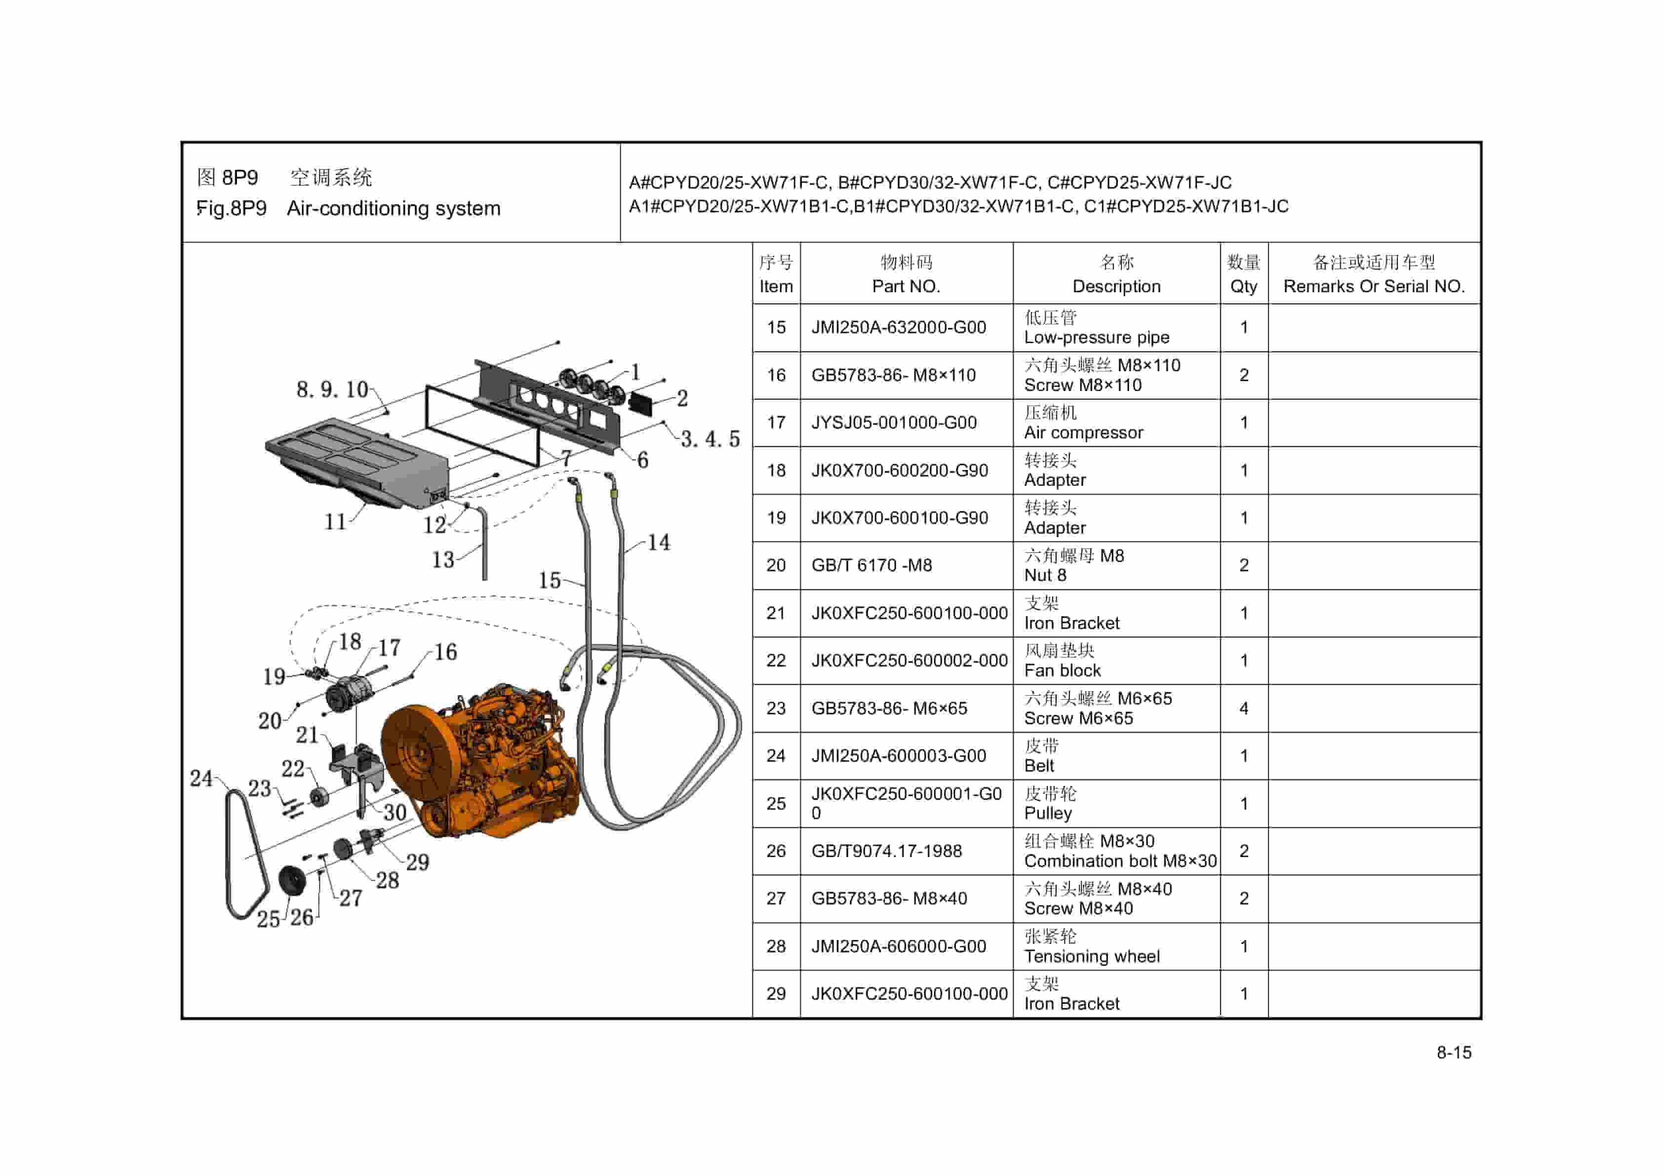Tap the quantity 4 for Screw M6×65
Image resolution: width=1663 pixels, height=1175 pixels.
tap(1244, 708)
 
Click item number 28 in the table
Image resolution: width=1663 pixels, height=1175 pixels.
tap(776, 946)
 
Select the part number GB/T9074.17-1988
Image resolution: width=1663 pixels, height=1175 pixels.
tap(886, 851)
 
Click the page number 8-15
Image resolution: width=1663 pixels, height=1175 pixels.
tap(1454, 1052)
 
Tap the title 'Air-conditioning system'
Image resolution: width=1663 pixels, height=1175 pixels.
tap(394, 209)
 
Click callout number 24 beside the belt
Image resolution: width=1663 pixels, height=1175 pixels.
tap(201, 778)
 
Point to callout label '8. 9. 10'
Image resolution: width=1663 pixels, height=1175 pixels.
tap(332, 390)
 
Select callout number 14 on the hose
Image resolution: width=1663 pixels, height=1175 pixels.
tap(658, 542)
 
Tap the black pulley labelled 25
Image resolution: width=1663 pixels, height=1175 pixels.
tap(292, 880)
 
